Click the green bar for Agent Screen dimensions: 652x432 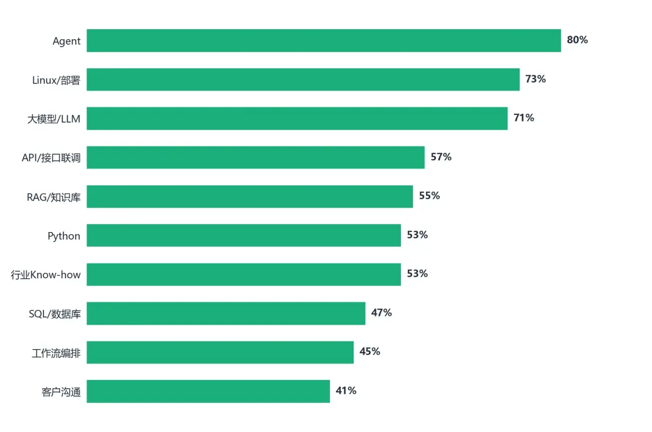click(323, 40)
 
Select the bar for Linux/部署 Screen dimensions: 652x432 click(303, 79)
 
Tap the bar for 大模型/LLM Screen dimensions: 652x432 click(297, 119)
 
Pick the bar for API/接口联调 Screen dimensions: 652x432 click(256, 157)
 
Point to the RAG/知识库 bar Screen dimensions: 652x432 click(250, 196)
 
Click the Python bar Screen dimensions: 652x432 click(243, 235)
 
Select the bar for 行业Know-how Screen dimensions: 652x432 click(243, 274)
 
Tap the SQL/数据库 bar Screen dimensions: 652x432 click(226, 313)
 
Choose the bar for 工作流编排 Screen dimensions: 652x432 click(220, 352)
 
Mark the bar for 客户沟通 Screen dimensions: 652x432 click(208, 391)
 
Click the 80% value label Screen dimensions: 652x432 click(577, 40)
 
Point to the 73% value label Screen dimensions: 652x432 click(535, 79)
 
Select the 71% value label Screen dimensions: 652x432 click(524, 118)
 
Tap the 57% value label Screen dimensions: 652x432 click(441, 157)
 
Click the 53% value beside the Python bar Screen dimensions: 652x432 click(417, 235)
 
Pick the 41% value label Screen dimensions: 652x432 click(346, 390)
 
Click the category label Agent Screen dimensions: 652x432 click(66, 41)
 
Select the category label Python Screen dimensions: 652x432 click(64, 236)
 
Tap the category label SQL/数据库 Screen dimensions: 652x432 click(55, 314)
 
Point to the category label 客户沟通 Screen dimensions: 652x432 click(61, 392)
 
